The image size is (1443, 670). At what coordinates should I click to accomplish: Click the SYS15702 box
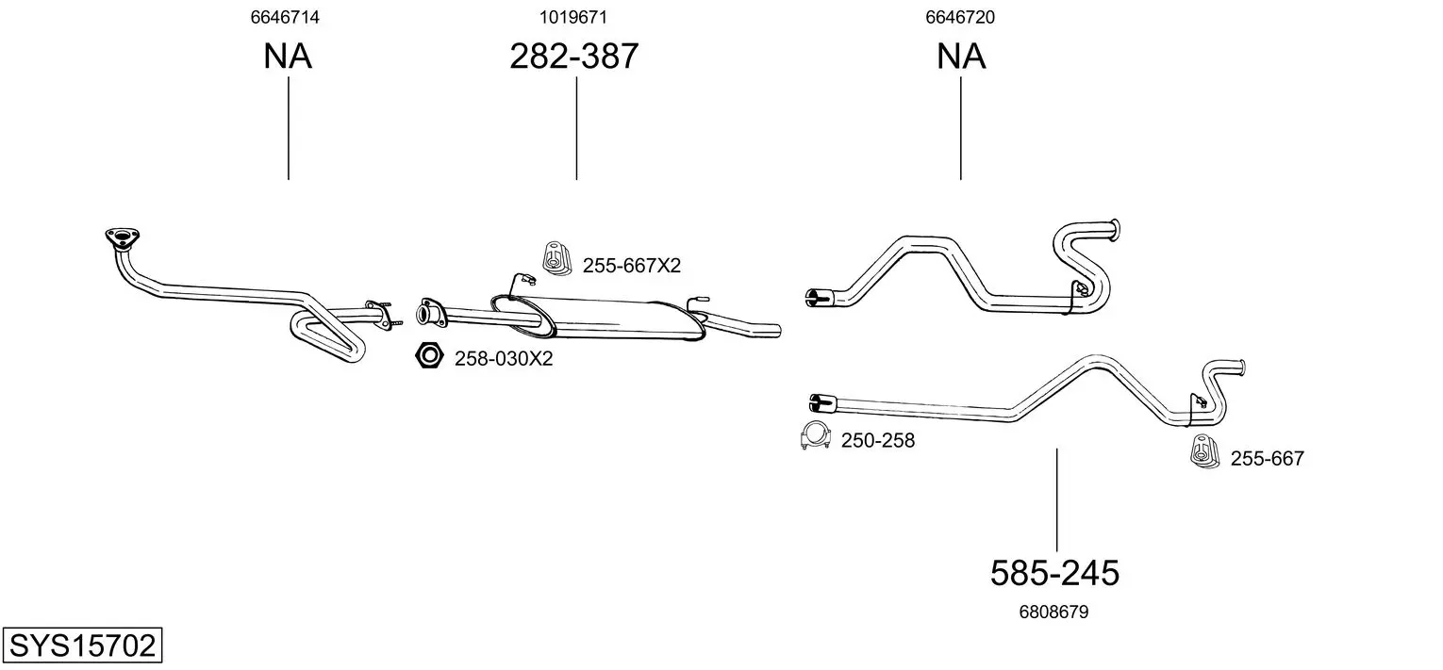pyautogui.click(x=82, y=645)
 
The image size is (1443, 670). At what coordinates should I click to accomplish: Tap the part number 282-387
pyautogui.click(x=574, y=56)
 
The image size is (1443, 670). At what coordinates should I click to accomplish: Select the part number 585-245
pyautogui.click(x=1054, y=573)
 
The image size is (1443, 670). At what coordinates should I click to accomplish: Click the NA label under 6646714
pyautogui.click(x=288, y=56)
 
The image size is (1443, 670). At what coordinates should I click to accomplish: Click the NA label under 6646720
pyautogui.click(x=960, y=56)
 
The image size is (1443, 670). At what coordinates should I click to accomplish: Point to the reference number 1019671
pyautogui.click(x=573, y=17)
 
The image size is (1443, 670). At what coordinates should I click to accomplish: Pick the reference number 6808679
pyautogui.click(x=1053, y=612)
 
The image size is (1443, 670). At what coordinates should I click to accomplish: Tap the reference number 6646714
pyautogui.click(x=285, y=17)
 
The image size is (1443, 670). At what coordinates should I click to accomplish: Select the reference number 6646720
pyautogui.click(x=960, y=17)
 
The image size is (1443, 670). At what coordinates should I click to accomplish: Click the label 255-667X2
pyautogui.click(x=631, y=265)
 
